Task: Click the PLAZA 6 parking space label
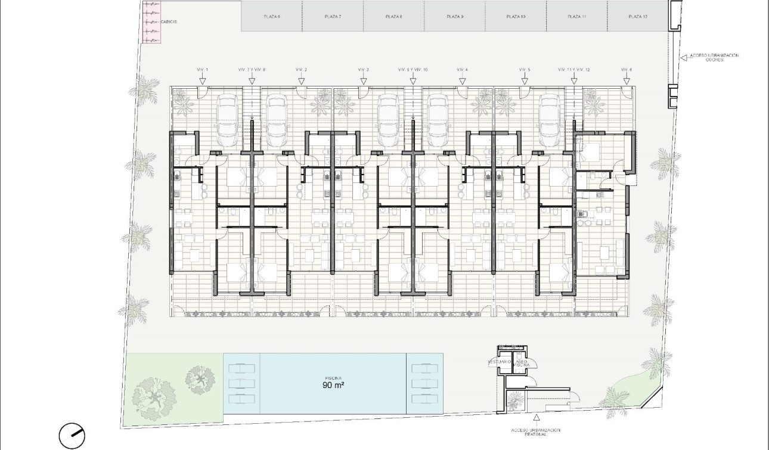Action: pyautogui.click(x=272, y=17)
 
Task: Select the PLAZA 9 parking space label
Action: pyautogui.click(x=455, y=17)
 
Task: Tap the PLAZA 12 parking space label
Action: pyautogui.click(x=638, y=17)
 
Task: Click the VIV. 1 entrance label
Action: pyautogui.click(x=203, y=70)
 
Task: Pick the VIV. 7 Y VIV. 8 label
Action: pyautogui.click(x=251, y=70)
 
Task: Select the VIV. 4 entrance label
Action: pyautogui.click(x=462, y=70)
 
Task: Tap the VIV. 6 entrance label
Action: pyautogui.click(x=627, y=70)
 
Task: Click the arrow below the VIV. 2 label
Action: pyautogui.click(x=302, y=80)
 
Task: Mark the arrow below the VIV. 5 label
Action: pyautogui.click(x=525, y=80)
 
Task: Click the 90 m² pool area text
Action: pyautogui.click(x=333, y=385)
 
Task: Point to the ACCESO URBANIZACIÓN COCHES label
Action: pyautogui.click(x=714, y=58)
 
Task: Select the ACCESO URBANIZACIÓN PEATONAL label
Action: pyautogui.click(x=537, y=432)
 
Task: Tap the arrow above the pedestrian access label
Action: pyautogui.click(x=537, y=419)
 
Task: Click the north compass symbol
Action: pyautogui.click(x=72, y=436)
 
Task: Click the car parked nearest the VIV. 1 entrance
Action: pyautogui.click(x=227, y=120)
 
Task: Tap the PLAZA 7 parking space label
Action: pyautogui.click(x=333, y=17)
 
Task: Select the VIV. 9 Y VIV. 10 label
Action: pyautogui.click(x=413, y=70)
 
